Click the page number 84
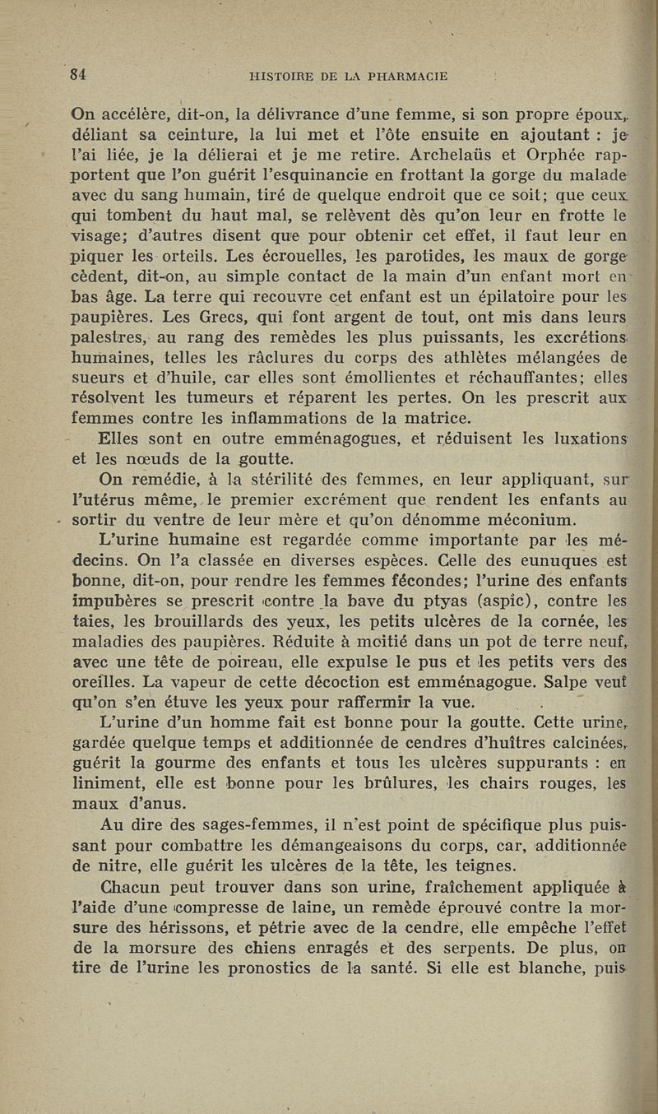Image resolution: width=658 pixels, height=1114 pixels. point(79,74)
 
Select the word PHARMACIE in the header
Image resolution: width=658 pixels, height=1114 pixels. point(404,77)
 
